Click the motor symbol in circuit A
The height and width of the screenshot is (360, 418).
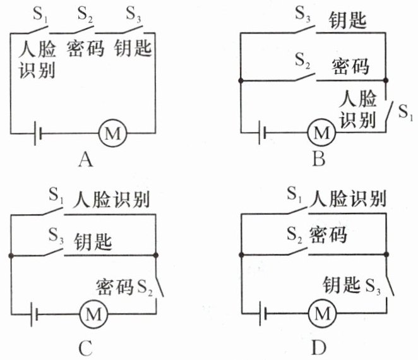[x=114, y=133]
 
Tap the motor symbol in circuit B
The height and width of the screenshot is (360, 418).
[x=321, y=133]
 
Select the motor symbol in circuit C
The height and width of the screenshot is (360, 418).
[x=92, y=312]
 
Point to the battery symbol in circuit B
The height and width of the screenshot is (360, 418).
[x=263, y=133]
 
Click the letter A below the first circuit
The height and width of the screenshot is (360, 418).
[x=87, y=161]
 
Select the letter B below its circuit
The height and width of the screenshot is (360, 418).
[x=319, y=160]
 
